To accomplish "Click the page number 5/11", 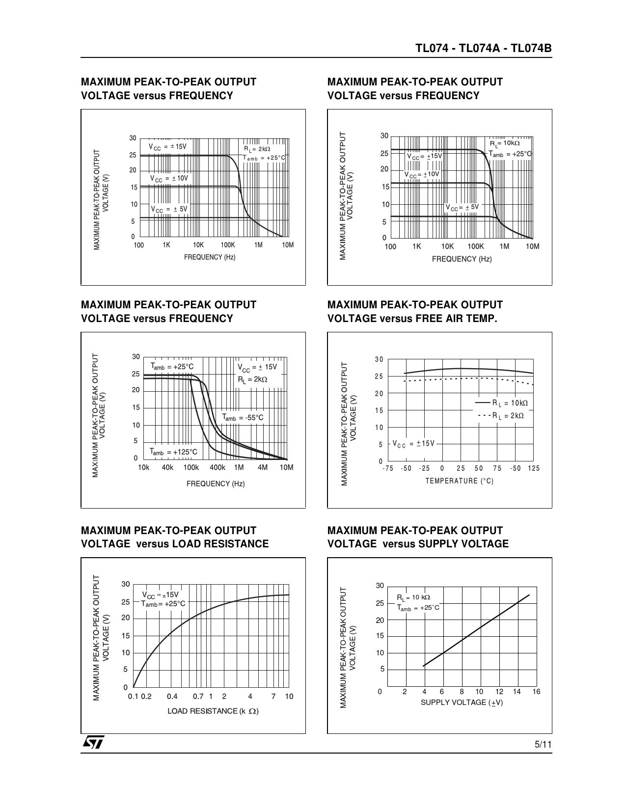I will point(543,745).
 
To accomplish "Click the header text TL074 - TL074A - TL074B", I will point(484,49).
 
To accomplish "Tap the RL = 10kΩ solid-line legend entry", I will point(502,403).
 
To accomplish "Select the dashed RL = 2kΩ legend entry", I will point(501,416).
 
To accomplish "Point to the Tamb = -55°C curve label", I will point(243,418).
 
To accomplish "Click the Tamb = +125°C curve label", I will point(173,452).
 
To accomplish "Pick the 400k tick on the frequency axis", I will point(217,468).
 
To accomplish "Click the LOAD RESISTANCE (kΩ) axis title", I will point(213,711).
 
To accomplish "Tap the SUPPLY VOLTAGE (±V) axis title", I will point(462,702).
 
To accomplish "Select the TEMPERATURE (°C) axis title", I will point(459,481).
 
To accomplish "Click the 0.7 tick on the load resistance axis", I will point(198,697).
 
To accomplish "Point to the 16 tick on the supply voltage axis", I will point(536,692).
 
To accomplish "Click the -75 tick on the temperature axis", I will point(388,469).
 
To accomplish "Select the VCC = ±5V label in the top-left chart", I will point(169,209).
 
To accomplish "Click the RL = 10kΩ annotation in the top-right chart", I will point(504,143).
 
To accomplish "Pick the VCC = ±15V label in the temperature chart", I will point(413,444).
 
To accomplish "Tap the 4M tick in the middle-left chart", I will point(263,468).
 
